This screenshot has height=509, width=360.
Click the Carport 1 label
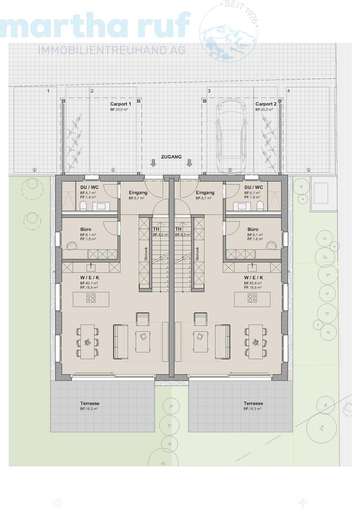point(121,104)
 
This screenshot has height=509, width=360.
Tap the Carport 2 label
point(266,104)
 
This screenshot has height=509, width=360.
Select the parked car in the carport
point(230,135)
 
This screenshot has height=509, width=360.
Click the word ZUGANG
point(171,157)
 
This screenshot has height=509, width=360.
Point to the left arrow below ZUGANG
point(154,163)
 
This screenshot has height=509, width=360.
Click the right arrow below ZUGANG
point(189,163)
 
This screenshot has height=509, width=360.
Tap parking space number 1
point(48,91)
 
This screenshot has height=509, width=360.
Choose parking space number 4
point(288,91)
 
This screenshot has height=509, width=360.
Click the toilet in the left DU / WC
point(84,205)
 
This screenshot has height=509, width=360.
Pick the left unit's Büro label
point(86,229)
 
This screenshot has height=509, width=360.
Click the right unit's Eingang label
point(205,193)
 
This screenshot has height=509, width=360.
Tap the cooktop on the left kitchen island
point(91,299)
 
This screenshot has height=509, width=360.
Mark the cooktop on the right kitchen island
point(252,299)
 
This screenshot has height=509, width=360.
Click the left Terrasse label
point(90,403)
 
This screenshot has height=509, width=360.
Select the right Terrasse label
point(253,403)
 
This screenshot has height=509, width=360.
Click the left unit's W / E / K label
point(89,277)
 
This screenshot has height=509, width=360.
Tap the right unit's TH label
point(179,229)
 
